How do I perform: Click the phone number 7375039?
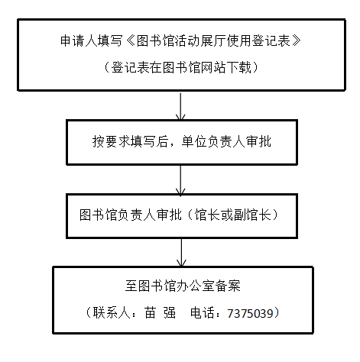[250, 313]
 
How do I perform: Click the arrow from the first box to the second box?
[180, 106]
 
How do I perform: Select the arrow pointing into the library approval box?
[180, 180]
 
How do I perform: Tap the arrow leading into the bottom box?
[181, 253]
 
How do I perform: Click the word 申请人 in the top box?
[79, 40]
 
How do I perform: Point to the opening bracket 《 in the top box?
[130, 40]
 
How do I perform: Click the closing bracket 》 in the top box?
[296, 40]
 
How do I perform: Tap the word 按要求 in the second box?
[111, 141]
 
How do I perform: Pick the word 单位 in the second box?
[194, 141]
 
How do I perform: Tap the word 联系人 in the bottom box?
[112, 312]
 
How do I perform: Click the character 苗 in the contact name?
[151, 312]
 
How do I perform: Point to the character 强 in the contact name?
[170, 312]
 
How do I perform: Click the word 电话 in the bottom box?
[203, 312]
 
